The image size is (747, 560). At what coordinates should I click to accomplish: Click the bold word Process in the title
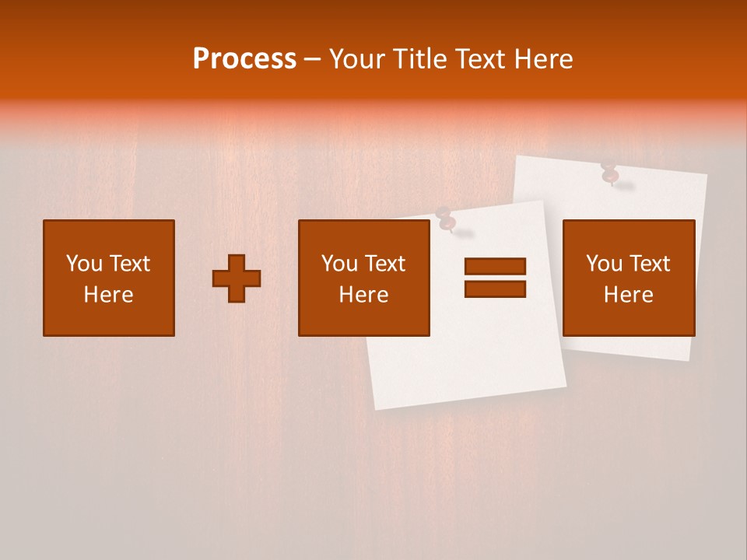click(244, 59)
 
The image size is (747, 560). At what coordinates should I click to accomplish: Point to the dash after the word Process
click(313, 60)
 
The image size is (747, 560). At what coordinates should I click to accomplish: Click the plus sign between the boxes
click(237, 278)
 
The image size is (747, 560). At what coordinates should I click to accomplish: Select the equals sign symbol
click(495, 278)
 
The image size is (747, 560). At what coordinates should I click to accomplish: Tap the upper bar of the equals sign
click(495, 267)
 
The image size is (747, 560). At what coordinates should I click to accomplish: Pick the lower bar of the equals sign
click(495, 289)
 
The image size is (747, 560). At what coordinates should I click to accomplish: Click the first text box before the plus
click(109, 278)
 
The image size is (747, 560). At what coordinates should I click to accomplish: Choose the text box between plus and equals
click(364, 278)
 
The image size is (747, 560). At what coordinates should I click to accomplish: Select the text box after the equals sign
click(629, 278)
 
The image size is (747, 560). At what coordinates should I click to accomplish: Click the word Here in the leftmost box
click(109, 295)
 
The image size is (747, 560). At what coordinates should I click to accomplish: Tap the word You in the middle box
click(339, 264)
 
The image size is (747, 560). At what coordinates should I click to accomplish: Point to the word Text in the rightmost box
click(649, 264)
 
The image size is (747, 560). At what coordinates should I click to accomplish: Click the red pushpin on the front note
click(446, 221)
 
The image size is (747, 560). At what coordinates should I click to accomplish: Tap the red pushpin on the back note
click(609, 173)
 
